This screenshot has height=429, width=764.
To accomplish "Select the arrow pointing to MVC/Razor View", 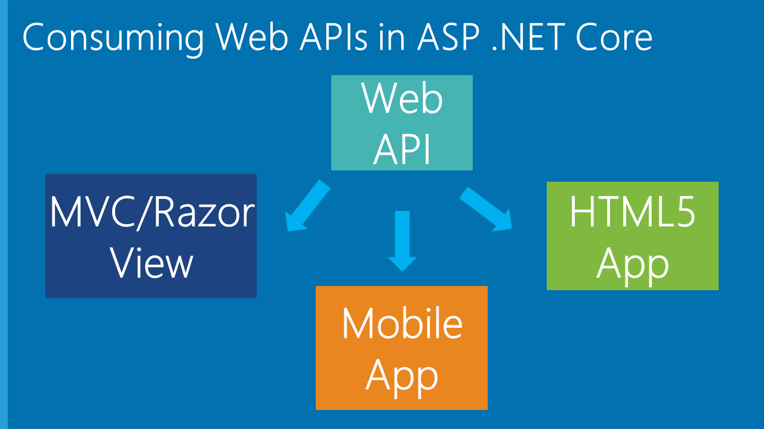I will tap(307, 206).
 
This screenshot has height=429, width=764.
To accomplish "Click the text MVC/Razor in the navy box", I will tap(152, 213).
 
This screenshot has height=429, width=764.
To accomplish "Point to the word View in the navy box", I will tap(153, 263).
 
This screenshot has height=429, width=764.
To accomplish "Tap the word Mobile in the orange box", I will tap(402, 324).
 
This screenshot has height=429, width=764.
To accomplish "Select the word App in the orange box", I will tap(402, 375).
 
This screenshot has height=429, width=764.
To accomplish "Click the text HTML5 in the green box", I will tap(632, 213).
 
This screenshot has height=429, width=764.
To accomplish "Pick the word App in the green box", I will tap(632, 263).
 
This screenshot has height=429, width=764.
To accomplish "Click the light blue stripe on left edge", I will tap(4, 214).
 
